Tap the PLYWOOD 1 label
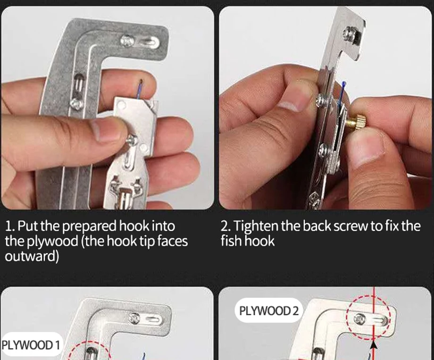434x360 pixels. click(31, 345)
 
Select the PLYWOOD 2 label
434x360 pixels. click(269, 311)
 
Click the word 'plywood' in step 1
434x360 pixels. click(52, 241)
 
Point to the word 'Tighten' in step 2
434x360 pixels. click(256, 226)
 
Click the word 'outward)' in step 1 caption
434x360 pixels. click(32, 256)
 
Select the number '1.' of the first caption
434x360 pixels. click(10, 226)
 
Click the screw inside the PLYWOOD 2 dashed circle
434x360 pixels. click(360, 318)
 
